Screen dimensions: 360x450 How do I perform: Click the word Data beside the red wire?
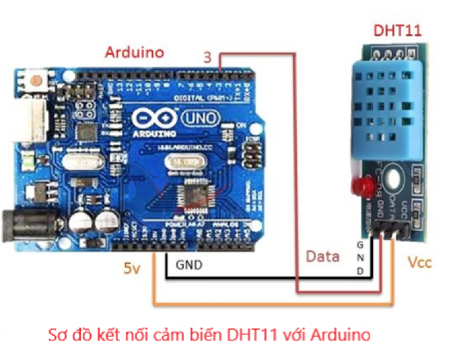[x=322, y=256]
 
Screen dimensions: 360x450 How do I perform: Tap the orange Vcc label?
[x=419, y=262]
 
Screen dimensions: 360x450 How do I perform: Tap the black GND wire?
[x=268, y=279]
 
